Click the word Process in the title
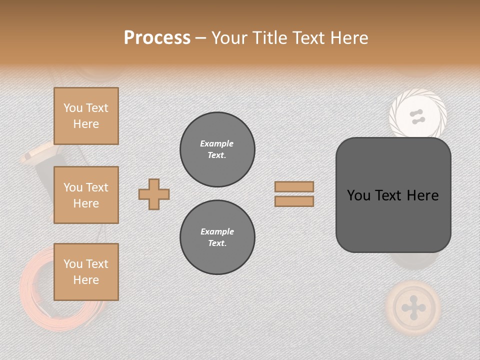[x=157, y=38]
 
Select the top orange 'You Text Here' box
[x=86, y=116]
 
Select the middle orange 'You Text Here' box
[x=86, y=195]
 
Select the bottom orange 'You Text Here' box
[x=86, y=272]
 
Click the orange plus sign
[x=154, y=194]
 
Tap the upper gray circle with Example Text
[x=217, y=149]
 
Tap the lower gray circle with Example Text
[x=217, y=237]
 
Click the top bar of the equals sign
[x=294, y=186]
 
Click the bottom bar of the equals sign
[x=294, y=201]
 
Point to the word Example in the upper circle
[x=216, y=143]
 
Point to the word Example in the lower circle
[x=217, y=231]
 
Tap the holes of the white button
[x=417, y=117]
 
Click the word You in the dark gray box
[x=358, y=195]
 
